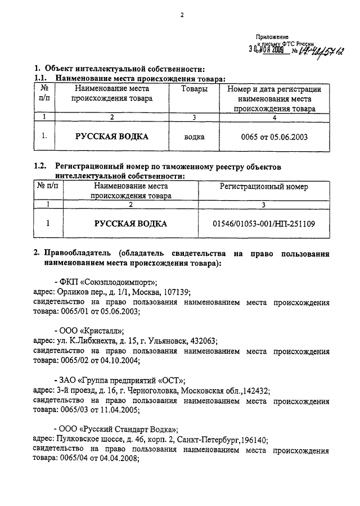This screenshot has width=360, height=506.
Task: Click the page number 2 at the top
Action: tap(182, 15)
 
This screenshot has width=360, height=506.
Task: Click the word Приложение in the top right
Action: tap(272, 36)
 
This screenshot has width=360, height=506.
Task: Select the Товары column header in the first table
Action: tap(193, 89)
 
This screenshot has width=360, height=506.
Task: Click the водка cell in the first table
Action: tap(194, 137)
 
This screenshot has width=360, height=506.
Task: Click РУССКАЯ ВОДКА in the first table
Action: tap(112, 137)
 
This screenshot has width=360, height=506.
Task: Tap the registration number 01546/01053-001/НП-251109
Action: tap(264, 224)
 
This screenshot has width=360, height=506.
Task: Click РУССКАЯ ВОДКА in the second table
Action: tap(130, 224)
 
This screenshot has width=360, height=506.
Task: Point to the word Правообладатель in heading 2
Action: tap(76, 254)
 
